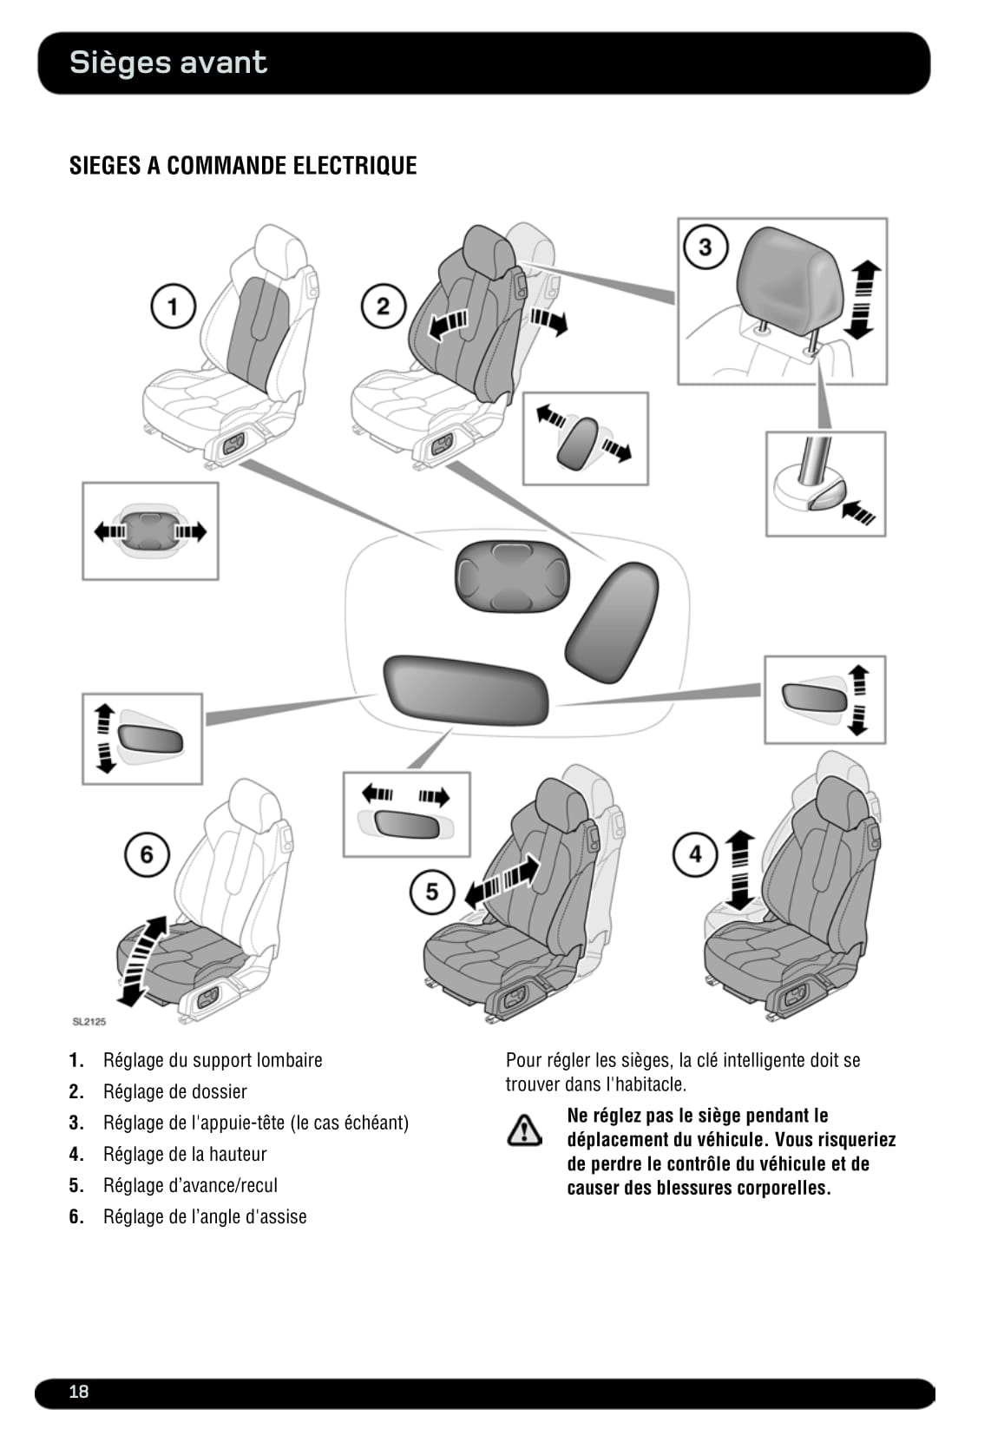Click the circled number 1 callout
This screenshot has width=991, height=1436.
coord(173,306)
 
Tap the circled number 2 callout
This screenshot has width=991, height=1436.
coord(383,306)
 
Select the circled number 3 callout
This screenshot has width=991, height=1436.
coord(705,247)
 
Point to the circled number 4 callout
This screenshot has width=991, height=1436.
coord(695,853)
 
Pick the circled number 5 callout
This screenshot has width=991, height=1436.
coord(432,891)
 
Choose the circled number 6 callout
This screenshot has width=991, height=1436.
coord(146,854)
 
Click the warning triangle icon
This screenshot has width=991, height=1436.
coord(524,1129)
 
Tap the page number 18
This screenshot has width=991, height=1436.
coord(79,1392)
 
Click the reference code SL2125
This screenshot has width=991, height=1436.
coord(89,1022)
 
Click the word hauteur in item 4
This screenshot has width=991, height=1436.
coord(238,1154)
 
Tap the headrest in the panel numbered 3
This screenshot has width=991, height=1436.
coord(788,276)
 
